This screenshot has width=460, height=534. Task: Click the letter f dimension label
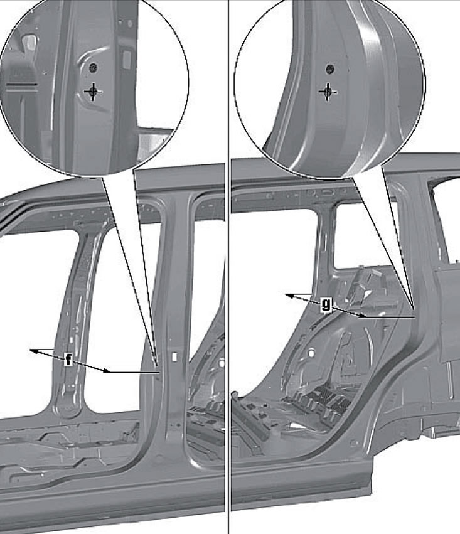tap(68, 360)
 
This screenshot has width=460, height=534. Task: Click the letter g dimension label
tap(326, 304)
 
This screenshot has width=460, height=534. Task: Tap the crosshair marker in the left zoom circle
tap(93, 91)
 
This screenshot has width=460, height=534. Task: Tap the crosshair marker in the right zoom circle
tap(328, 92)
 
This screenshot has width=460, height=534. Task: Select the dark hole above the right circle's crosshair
tap(329, 69)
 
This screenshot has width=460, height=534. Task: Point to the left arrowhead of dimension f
tap(33, 350)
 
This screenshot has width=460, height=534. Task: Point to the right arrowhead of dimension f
tap(107, 370)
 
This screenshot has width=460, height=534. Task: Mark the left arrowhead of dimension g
tap(289, 296)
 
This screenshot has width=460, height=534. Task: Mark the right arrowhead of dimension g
tap(362, 316)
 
